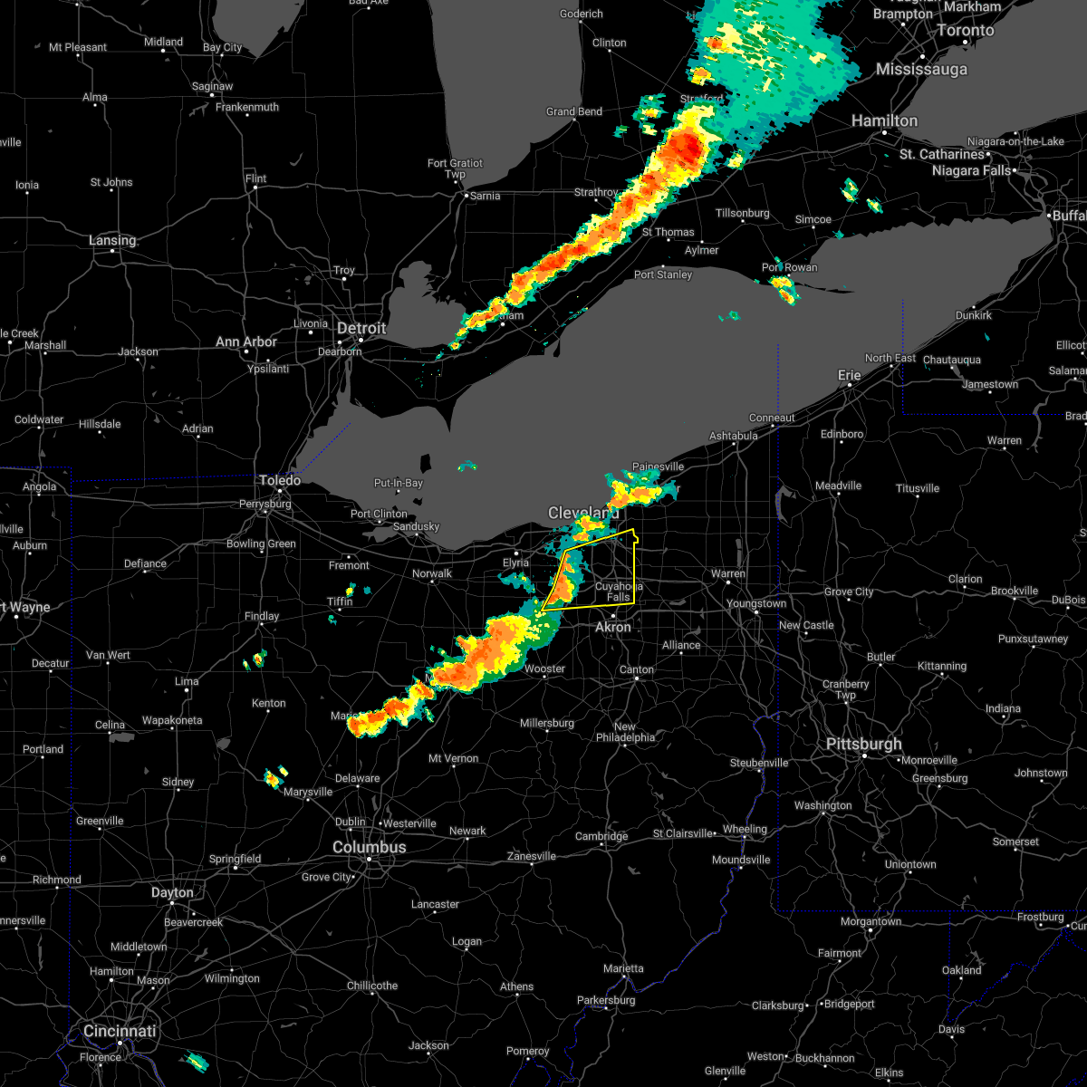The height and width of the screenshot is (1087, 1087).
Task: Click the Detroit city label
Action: click(x=361, y=328)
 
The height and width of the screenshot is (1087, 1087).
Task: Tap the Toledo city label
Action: click(x=280, y=480)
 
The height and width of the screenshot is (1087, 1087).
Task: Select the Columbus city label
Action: click(x=370, y=847)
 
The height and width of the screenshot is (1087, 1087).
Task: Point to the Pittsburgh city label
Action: click(x=863, y=744)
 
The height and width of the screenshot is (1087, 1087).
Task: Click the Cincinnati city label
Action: click(x=120, y=1031)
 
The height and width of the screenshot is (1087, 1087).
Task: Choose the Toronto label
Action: click(x=966, y=30)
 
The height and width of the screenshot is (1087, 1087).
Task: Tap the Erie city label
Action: click(x=849, y=374)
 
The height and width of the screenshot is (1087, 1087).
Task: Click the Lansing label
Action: click(x=112, y=240)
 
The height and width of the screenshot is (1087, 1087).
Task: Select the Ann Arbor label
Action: click(x=246, y=341)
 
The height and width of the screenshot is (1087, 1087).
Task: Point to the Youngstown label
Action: click(x=756, y=603)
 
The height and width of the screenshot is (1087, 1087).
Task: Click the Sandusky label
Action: click(x=416, y=526)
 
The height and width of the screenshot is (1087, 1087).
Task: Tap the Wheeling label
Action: click(x=745, y=829)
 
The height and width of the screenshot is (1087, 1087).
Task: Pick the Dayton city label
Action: click(x=172, y=892)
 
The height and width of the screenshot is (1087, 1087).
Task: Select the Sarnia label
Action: click(x=486, y=196)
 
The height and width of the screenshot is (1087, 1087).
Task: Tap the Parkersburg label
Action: click(x=607, y=1000)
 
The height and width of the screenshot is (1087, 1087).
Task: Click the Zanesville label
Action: click(x=531, y=856)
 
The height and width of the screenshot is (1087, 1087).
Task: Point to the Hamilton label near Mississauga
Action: click(x=884, y=120)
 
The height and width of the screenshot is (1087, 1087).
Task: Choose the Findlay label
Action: click(x=261, y=616)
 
